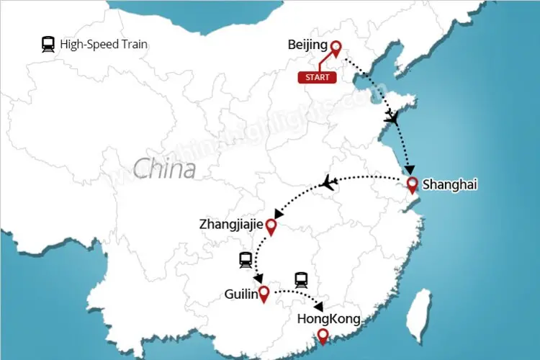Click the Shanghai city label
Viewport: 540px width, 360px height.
[x=449, y=185]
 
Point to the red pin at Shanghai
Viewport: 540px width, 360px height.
[x=413, y=185]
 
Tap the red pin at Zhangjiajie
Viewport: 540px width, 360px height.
[x=271, y=227]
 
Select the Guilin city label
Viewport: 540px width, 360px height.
[x=239, y=294]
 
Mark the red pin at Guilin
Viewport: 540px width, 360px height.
[x=264, y=293]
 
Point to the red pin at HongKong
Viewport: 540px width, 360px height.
[x=323, y=336]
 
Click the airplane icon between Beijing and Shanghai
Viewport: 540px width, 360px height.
[x=392, y=117]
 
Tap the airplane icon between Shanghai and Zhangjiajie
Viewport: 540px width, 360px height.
[x=329, y=183]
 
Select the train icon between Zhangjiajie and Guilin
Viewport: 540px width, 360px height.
[x=246, y=259]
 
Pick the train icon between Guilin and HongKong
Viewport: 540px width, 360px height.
[x=301, y=279]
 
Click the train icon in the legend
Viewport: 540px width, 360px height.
[x=48, y=45]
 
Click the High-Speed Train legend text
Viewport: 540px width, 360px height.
[x=104, y=45]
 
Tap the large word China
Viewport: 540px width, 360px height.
[x=164, y=169]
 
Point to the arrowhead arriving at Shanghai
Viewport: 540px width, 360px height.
[x=409, y=171]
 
